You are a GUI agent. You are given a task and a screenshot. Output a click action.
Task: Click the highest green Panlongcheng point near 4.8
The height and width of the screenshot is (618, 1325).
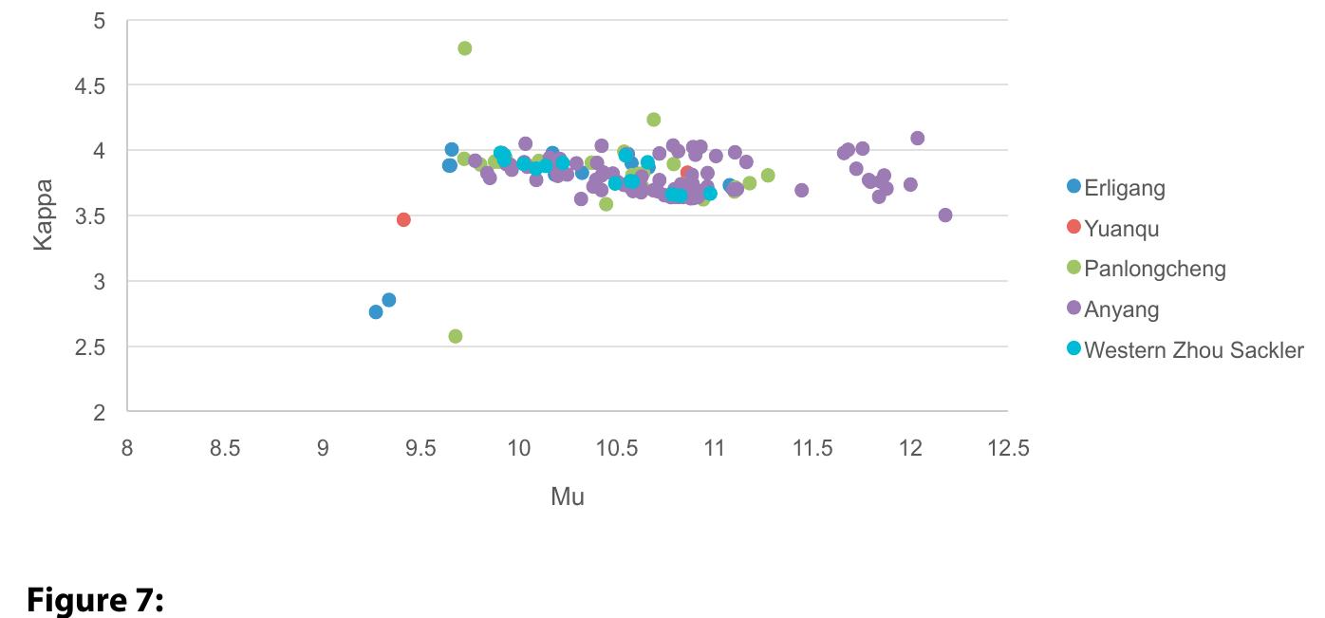pyautogui.click(x=464, y=48)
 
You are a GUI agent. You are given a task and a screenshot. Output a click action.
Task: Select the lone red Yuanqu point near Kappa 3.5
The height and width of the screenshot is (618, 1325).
pyautogui.click(x=403, y=219)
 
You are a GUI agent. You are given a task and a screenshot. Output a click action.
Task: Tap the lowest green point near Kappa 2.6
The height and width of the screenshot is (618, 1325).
pyautogui.click(x=455, y=336)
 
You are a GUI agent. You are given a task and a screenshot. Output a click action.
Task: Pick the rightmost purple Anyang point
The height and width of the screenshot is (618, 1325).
pyautogui.click(x=944, y=215)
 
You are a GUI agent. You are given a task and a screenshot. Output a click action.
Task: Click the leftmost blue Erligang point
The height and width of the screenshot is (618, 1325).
pyautogui.click(x=376, y=311)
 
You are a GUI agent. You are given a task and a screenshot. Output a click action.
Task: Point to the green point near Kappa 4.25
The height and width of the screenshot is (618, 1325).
pyautogui.click(x=653, y=120)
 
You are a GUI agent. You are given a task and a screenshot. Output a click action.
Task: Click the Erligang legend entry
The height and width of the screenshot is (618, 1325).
pyautogui.click(x=1124, y=188)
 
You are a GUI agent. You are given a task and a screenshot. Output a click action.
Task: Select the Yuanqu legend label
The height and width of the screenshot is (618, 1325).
pyautogui.click(x=1121, y=229)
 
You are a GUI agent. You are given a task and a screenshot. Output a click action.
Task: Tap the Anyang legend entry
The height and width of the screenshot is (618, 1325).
pyautogui.click(x=1121, y=309)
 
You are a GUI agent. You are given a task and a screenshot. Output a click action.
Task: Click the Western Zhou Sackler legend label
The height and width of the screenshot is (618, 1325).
pyautogui.click(x=1193, y=349)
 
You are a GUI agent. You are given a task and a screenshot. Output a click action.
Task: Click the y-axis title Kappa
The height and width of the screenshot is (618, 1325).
pyautogui.click(x=43, y=215)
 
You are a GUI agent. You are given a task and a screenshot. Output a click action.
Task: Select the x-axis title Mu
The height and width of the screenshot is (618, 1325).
pyautogui.click(x=567, y=496)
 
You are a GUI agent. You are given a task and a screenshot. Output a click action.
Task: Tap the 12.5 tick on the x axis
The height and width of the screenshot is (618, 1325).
pyautogui.click(x=1008, y=448)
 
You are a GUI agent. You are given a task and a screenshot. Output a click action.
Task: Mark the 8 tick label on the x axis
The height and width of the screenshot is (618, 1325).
pyautogui.click(x=127, y=448)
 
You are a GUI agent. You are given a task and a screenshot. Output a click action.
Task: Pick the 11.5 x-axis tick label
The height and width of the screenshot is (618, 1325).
pyautogui.click(x=812, y=448)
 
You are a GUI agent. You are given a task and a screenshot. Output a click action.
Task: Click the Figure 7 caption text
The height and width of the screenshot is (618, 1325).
pyautogui.click(x=95, y=600)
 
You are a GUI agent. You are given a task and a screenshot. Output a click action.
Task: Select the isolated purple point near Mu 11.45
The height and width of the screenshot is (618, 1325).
pyautogui.click(x=801, y=190)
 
